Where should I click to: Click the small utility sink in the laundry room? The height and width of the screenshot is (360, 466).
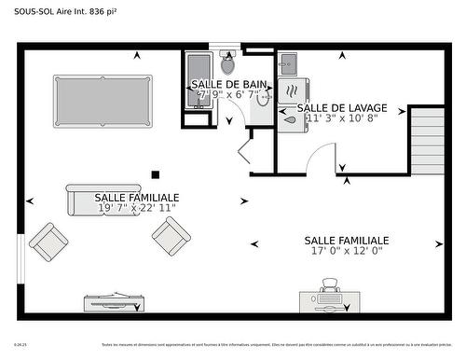(x=286, y=64)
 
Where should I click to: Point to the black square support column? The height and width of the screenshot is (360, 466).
(x=156, y=173)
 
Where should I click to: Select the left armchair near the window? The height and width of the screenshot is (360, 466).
(x=48, y=241)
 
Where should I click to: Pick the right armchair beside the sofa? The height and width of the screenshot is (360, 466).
(x=171, y=238)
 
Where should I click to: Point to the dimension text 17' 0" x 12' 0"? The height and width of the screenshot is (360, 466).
(x=346, y=250)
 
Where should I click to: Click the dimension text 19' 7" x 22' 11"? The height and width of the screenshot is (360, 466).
(x=137, y=208)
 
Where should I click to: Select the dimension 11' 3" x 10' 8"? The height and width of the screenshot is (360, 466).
(x=341, y=118)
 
